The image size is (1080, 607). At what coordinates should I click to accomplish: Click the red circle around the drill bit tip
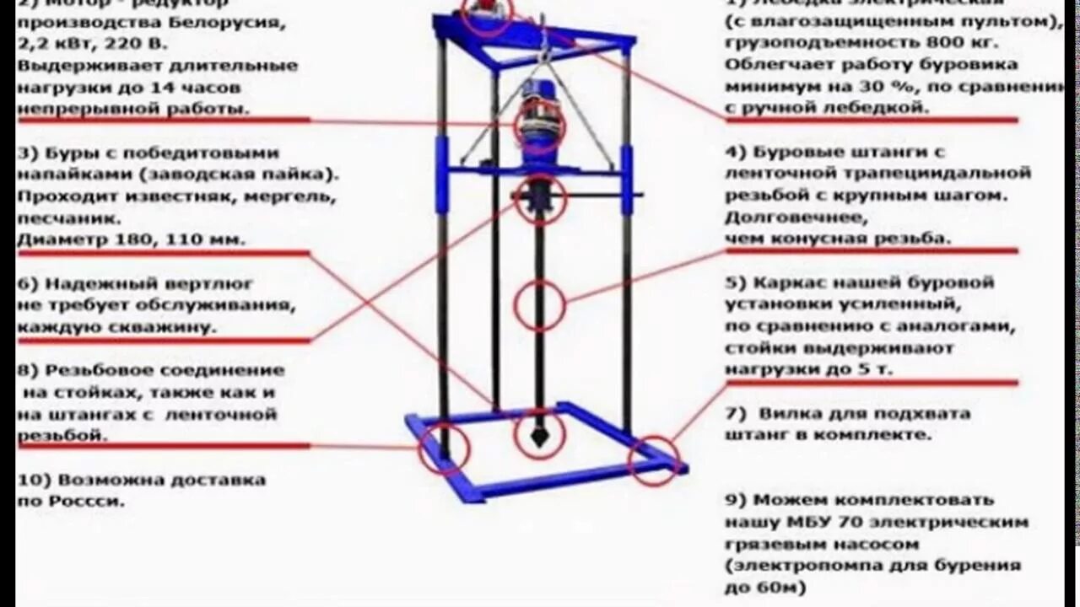point(539,434)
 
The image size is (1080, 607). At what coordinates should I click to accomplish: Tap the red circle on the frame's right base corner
point(654,460)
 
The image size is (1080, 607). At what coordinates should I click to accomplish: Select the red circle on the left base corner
point(444,449)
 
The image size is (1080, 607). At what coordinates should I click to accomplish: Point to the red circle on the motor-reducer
point(539,126)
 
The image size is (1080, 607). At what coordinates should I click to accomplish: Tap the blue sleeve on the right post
point(627,179)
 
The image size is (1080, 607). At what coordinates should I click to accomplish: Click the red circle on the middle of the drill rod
point(539,305)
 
